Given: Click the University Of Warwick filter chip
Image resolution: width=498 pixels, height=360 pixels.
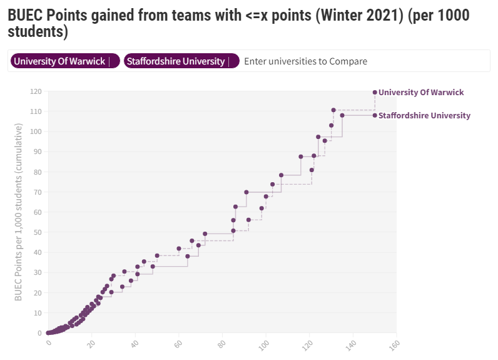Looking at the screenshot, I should (x=60, y=61).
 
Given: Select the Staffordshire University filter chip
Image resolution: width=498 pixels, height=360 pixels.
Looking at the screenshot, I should (x=176, y=61).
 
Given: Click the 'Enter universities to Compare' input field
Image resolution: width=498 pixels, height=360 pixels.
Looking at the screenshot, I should (x=305, y=61).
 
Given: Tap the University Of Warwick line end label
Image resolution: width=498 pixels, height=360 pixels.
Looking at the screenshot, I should (x=421, y=92).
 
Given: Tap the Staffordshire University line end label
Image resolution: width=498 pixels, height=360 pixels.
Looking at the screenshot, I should (x=424, y=115).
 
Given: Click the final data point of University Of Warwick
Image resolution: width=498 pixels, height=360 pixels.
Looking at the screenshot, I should (x=375, y=92).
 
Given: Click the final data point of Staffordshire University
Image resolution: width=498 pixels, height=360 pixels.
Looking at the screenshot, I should (x=375, y=115).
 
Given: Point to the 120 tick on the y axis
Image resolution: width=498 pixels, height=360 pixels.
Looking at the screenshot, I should (x=36, y=92).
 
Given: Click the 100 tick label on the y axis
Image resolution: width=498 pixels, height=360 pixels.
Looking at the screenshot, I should (x=36, y=132).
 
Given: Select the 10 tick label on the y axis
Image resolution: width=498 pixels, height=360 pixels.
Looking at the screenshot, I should (x=38, y=313).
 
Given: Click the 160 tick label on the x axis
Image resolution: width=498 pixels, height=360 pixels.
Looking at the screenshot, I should (x=394, y=344).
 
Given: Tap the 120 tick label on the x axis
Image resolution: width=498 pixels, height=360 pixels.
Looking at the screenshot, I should (x=308, y=344).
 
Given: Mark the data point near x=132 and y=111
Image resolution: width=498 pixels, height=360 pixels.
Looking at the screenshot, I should (x=333, y=110).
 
